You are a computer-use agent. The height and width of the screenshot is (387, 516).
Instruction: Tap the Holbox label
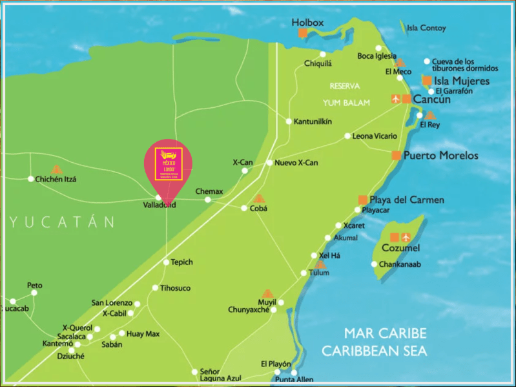(x=307, y=22)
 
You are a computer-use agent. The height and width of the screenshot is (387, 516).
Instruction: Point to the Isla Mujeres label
(x=462, y=81)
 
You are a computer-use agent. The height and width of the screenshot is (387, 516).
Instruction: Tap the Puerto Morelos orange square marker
(x=396, y=155)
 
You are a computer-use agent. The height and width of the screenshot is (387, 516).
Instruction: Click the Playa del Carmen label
(x=407, y=200)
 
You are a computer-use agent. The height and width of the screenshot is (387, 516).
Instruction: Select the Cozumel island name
(x=400, y=248)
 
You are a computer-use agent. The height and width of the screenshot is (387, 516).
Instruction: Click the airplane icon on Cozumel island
(x=406, y=237)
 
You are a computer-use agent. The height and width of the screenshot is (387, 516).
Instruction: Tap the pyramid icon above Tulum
(x=320, y=264)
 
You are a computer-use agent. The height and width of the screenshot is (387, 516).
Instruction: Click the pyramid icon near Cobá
(x=259, y=198)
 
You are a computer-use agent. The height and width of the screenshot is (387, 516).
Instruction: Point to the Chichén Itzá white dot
(x=30, y=179)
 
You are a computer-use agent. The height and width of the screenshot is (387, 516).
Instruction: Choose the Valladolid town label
(x=159, y=205)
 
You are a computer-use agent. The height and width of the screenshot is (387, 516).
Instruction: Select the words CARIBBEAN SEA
(x=375, y=351)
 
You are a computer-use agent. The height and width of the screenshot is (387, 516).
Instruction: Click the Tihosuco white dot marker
(x=155, y=288)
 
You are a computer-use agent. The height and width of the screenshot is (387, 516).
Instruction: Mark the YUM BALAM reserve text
(x=347, y=103)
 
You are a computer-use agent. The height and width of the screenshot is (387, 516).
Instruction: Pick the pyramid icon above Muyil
(x=267, y=293)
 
